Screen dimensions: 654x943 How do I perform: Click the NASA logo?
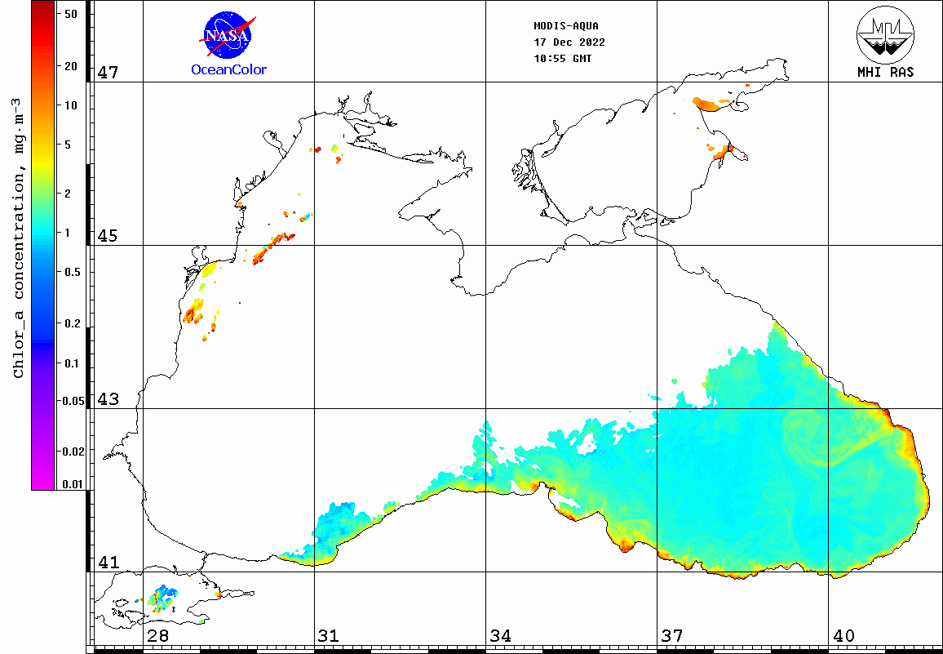228,33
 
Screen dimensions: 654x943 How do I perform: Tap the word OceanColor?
228,70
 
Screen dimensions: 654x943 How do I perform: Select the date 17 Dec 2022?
569,42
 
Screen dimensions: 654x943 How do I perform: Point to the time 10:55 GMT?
563,59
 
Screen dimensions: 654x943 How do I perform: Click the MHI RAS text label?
885,72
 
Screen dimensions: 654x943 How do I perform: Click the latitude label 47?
108,73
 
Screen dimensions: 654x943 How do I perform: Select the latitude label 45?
108,236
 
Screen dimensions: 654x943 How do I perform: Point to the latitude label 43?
108,399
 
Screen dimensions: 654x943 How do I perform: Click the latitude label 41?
108,563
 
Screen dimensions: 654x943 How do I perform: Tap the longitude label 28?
157,636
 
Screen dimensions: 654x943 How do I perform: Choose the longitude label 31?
329,636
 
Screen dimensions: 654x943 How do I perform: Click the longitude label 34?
500,636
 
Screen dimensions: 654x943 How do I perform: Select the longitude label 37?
671,636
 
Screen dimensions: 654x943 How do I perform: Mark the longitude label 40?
843,636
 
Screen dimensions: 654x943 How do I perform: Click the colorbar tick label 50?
70,14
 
